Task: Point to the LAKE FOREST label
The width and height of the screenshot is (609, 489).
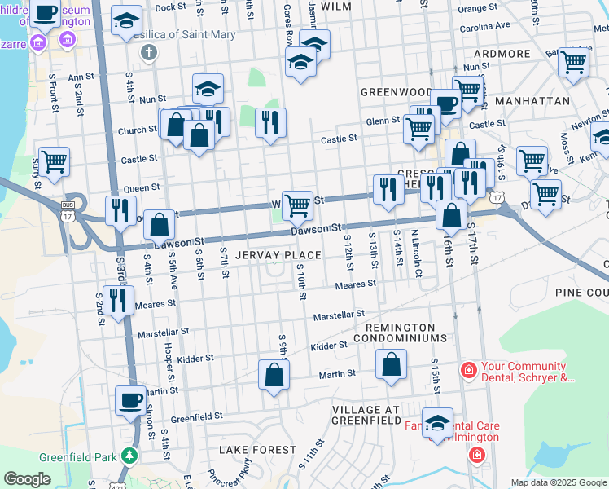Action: tap(258, 450)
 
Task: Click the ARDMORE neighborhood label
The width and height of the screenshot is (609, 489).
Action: tap(502, 54)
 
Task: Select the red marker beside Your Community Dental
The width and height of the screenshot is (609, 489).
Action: tap(468, 371)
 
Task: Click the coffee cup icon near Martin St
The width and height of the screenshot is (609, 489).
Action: tap(130, 400)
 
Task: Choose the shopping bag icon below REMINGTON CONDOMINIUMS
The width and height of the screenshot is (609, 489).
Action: tap(392, 364)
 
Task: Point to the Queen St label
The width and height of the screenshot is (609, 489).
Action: tap(142, 187)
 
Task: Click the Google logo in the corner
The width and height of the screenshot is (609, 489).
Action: tap(27, 478)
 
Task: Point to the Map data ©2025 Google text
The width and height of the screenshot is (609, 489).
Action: tap(558, 482)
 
